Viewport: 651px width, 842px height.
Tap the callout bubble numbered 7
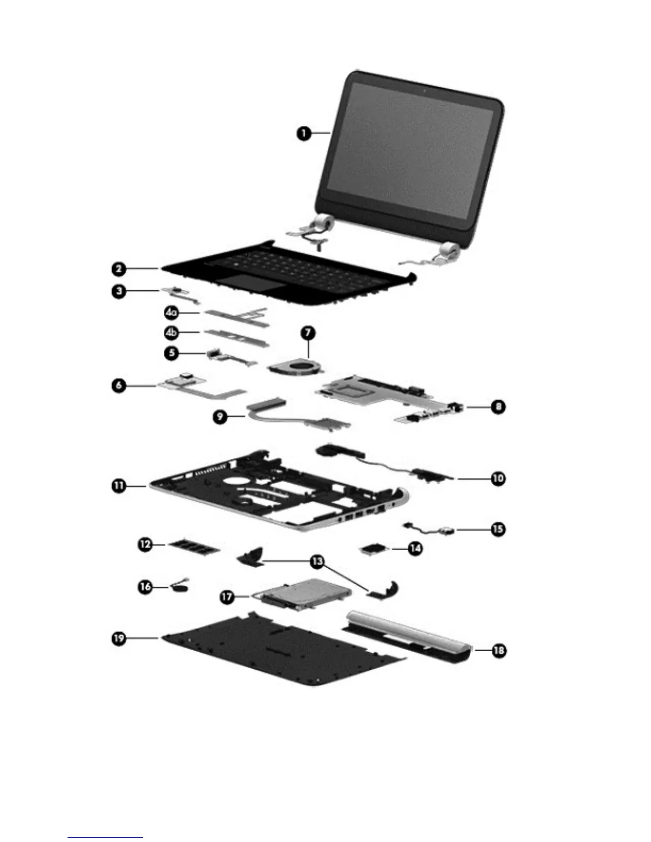[x=308, y=334]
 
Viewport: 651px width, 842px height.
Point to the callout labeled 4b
[x=171, y=333]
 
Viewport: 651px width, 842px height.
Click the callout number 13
[x=317, y=561]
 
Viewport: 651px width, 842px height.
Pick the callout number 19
[x=119, y=637]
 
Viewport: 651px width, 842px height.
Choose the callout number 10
[x=498, y=478]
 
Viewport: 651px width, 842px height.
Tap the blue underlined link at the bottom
[x=105, y=838]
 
